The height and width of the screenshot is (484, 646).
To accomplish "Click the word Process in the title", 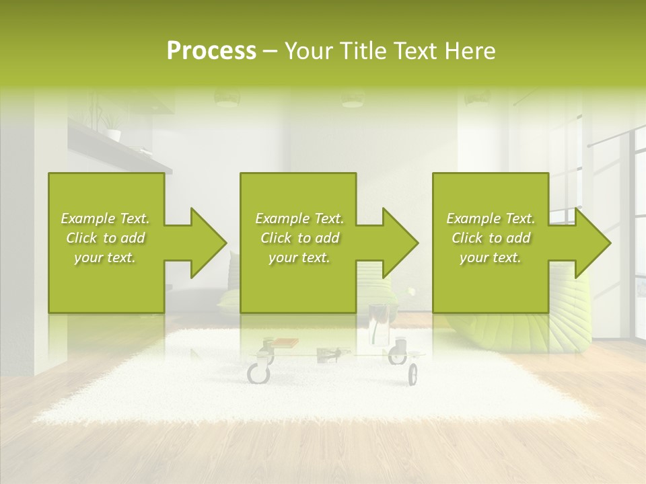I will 211,51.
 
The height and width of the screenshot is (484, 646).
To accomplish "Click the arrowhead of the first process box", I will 209,243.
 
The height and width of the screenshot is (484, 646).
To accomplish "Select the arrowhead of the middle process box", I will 401,243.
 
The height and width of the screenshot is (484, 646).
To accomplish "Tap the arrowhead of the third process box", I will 593,243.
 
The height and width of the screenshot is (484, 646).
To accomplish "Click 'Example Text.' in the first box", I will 105,218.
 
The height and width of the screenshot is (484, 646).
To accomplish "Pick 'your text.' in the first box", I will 105,257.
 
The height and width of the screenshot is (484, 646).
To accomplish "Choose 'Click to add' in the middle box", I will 299,238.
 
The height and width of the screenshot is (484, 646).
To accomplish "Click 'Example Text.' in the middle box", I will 299,218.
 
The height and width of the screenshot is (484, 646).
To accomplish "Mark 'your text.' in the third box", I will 491,257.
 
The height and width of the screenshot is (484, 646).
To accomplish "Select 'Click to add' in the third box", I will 491,238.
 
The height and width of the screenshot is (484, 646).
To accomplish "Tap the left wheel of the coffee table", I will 258,372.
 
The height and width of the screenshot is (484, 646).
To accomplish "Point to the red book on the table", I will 287,343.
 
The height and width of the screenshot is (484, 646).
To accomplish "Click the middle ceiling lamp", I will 353,99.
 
